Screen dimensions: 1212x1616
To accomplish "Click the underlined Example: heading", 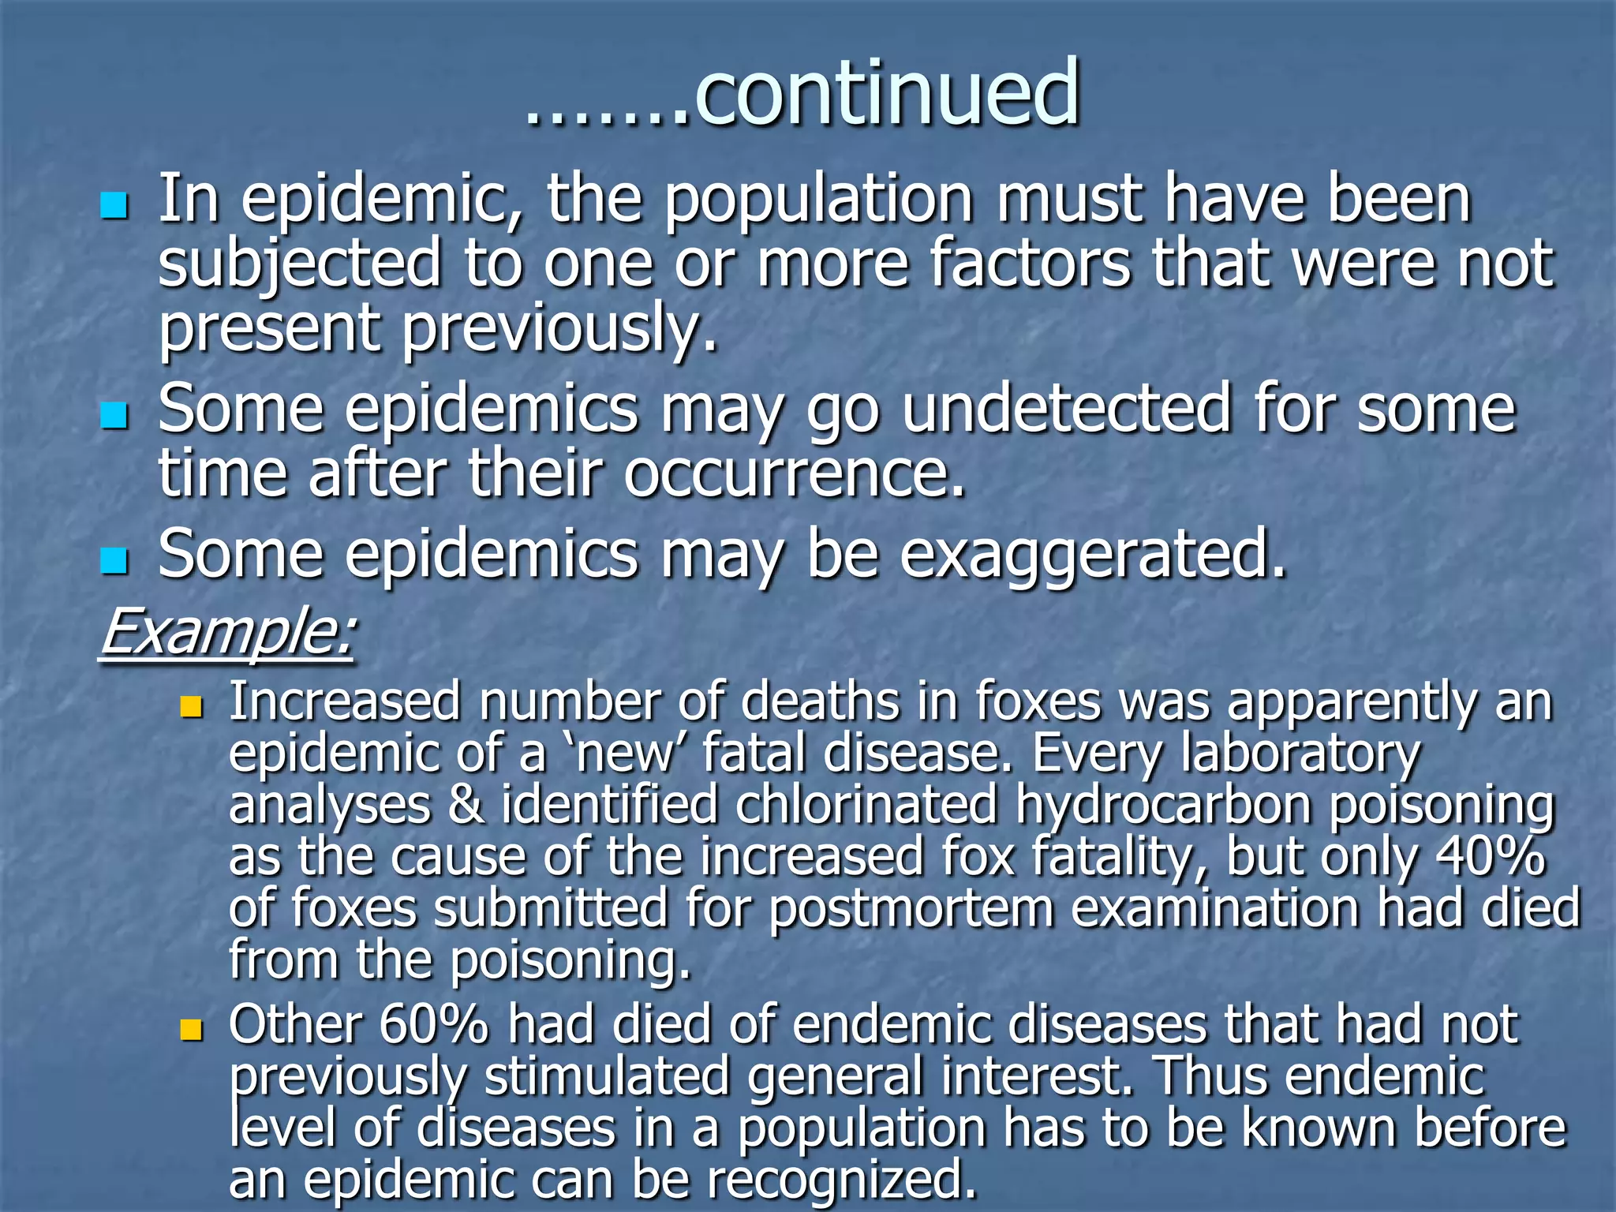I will pos(227,631).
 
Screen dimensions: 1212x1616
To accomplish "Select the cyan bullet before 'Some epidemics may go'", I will pos(114,415).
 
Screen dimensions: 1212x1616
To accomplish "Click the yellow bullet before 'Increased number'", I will pos(191,705).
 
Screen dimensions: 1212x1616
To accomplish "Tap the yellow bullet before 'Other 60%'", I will pos(191,1029).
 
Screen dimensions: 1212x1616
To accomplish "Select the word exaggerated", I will pos(1093,555).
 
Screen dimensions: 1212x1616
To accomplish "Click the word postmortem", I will pos(911,908).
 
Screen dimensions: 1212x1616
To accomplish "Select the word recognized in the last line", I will pos(841,1179).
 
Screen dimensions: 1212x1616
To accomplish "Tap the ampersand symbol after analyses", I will pos(466,806).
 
